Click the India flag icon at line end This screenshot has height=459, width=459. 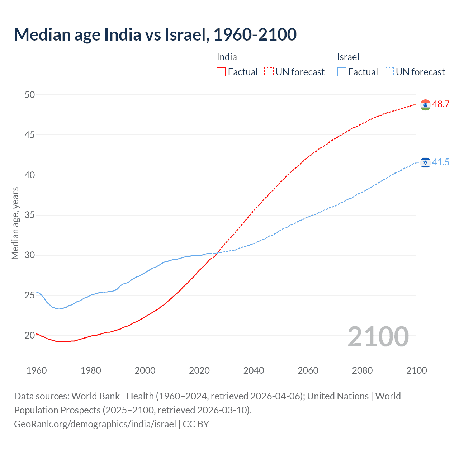pos(425,105)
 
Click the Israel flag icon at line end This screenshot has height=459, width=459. pos(425,163)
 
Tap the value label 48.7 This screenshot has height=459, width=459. pos(441,104)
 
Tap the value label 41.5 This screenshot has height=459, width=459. pos(441,162)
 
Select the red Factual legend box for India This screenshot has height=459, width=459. pos(221,72)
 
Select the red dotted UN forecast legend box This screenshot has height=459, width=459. pos(269,72)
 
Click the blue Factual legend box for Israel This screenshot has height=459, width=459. pos(342,72)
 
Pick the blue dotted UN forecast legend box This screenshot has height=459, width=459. pos(389,72)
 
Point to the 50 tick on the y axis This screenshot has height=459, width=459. pos(30,95)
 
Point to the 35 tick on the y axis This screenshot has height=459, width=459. pos(30,215)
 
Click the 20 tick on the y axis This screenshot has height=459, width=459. pos(30,336)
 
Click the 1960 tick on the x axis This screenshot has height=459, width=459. pos(37,370)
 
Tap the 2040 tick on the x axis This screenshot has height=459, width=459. pos(254,370)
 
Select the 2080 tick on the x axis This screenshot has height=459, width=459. pos(362,370)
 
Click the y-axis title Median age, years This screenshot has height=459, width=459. pos(15,223)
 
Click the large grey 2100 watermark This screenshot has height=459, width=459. pos(378,336)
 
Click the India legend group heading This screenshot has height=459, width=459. pos(227,57)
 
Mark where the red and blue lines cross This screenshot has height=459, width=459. pos(216,254)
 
